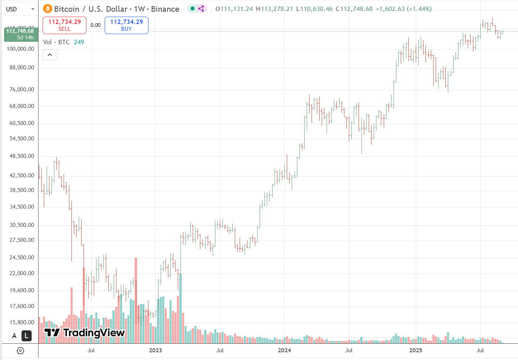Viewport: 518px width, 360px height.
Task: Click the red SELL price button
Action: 64,25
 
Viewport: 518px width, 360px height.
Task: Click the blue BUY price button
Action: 127,25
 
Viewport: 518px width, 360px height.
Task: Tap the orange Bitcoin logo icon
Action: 48,9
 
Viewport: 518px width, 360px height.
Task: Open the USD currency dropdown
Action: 20,9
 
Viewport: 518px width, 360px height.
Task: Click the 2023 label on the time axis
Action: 155,350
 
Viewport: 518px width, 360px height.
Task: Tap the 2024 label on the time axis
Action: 284,350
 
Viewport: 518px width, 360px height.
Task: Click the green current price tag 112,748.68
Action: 19,34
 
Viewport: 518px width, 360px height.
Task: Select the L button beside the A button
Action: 26,336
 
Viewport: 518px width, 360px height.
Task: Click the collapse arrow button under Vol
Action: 50,55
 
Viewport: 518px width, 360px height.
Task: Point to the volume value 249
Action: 79,42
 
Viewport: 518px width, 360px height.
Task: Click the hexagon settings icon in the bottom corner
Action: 21,351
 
